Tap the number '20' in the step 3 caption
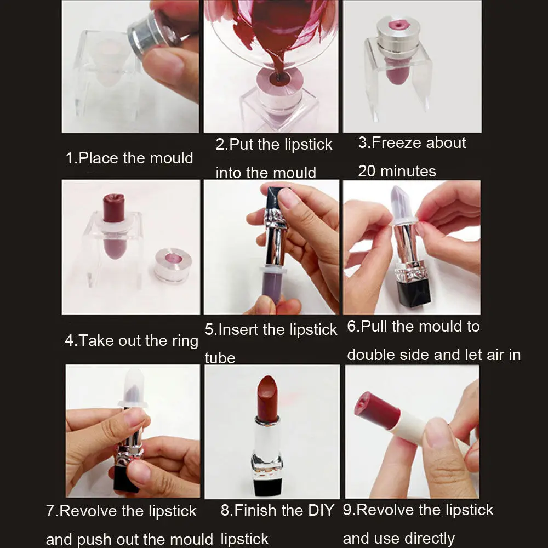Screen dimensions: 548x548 [x=367, y=171]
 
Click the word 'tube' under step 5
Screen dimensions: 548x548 [x=220, y=358]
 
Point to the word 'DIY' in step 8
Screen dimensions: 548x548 [x=321, y=510]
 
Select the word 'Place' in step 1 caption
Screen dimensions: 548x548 [x=99, y=158]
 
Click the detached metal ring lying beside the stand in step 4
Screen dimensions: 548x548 [x=173, y=265]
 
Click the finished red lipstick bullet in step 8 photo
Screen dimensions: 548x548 [x=267, y=397]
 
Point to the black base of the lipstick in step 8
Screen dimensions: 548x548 [x=267, y=486]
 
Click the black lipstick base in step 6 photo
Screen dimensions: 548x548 [x=413, y=294]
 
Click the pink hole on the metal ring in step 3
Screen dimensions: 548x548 [x=397, y=25]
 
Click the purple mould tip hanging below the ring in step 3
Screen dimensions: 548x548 [x=397, y=71]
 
